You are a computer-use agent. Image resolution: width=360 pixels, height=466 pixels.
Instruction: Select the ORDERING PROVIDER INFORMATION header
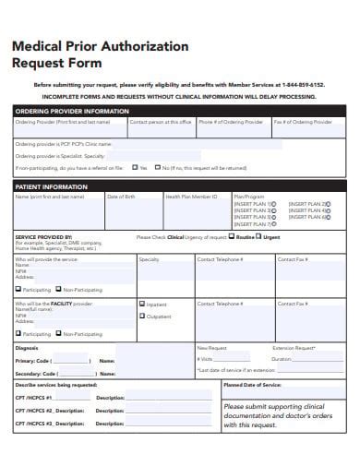pyautogui.click(x=72, y=111)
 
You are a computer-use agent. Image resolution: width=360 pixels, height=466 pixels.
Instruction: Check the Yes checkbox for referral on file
pyautogui.click(x=135, y=168)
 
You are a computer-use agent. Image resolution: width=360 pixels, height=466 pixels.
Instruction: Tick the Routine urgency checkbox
pyautogui.click(x=231, y=237)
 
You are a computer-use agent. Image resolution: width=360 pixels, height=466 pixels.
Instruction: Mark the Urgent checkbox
pyautogui.click(x=259, y=237)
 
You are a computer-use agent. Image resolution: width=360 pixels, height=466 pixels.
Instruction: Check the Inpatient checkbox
pyautogui.click(x=141, y=304)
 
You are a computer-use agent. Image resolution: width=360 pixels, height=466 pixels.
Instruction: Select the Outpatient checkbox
pyautogui.click(x=141, y=316)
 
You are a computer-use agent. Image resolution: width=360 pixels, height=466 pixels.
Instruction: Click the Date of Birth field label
pyautogui.click(x=122, y=197)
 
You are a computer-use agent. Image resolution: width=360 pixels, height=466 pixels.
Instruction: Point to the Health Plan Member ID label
pyautogui.click(x=191, y=197)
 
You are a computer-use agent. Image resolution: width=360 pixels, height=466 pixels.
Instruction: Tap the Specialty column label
pyautogui.click(x=150, y=259)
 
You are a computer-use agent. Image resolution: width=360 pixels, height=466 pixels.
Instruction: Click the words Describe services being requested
pyautogui.click(x=56, y=383)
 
